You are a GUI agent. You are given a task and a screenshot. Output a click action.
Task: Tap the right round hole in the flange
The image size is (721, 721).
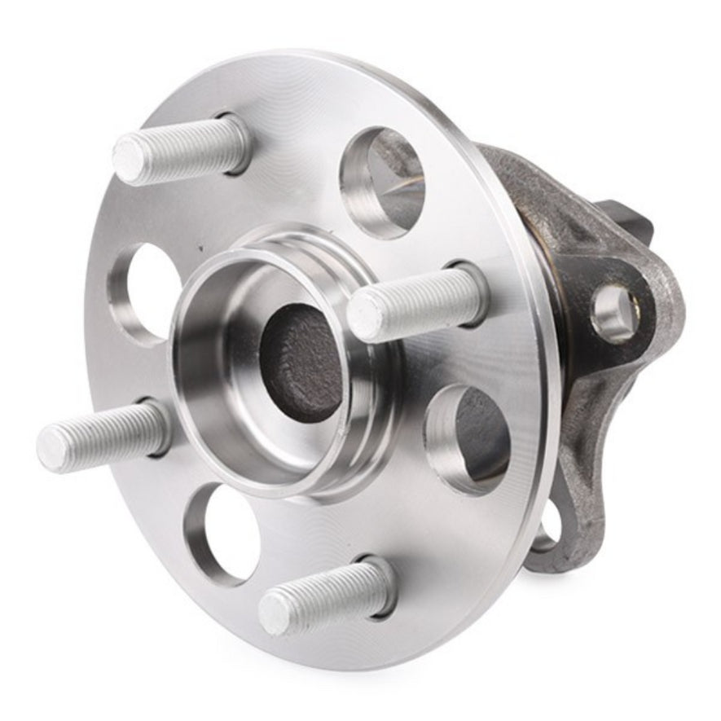(468, 439)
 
